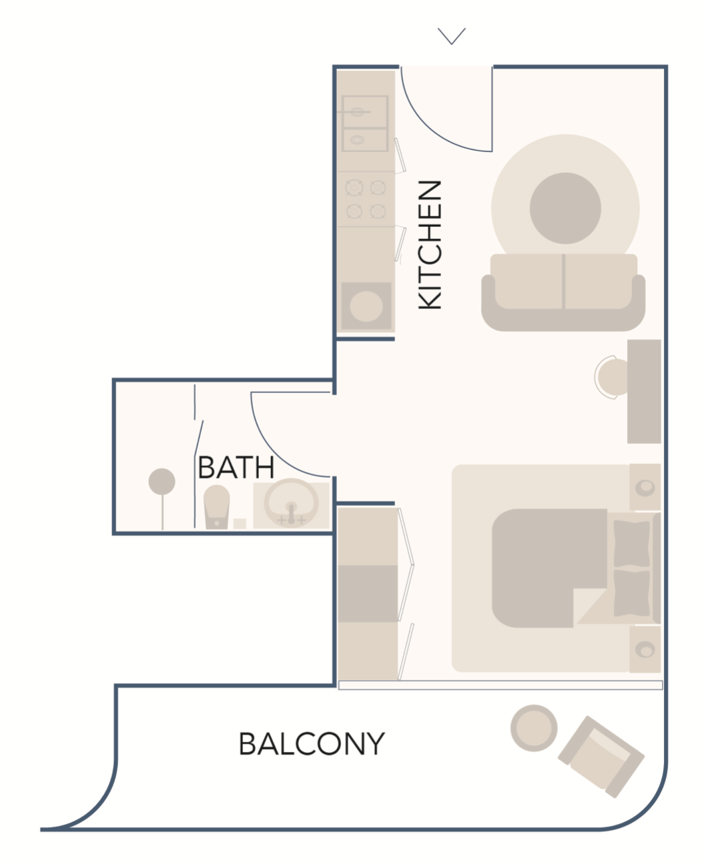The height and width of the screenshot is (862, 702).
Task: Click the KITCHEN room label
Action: pyautogui.click(x=430, y=245)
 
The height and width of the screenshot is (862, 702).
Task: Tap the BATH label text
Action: pyautogui.click(x=236, y=468)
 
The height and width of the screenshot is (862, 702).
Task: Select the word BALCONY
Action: pyautogui.click(x=312, y=744)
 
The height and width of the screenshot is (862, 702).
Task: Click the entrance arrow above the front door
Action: pyautogui.click(x=452, y=36)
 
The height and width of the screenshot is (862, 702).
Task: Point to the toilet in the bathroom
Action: pyautogui.click(x=216, y=506)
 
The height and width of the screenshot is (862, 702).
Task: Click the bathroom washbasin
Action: pyautogui.click(x=292, y=504)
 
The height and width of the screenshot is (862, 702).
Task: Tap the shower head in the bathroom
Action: pyautogui.click(x=162, y=482)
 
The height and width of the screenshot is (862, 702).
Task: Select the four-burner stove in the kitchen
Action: pyautogui.click(x=366, y=199)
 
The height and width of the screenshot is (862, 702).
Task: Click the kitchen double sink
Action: pyautogui.click(x=365, y=124)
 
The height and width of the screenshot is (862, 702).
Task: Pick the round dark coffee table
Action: pyautogui.click(x=565, y=208)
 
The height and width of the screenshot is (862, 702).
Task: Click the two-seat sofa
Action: pyautogui.click(x=563, y=292)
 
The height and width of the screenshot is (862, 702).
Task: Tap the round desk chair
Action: pyautogui.click(x=612, y=377)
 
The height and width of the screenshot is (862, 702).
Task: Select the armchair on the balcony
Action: pyautogui.click(x=601, y=757)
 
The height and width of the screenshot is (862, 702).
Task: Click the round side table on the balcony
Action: pyautogui.click(x=534, y=728)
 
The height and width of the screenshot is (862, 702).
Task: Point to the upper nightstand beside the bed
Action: pyautogui.click(x=645, y=487)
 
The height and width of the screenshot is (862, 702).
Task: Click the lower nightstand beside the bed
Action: pyautogui.click(x=645, y=650)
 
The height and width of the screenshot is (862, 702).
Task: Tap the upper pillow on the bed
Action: pyautogui.click(x=631, y=544)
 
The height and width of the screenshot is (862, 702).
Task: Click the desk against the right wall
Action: pyautogui.click(x=644, y=392)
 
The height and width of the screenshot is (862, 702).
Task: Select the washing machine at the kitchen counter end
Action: pyautogui.click(x=366, y=306)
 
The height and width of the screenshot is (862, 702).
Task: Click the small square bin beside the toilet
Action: pyautogui.click(x=240, y=524)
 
